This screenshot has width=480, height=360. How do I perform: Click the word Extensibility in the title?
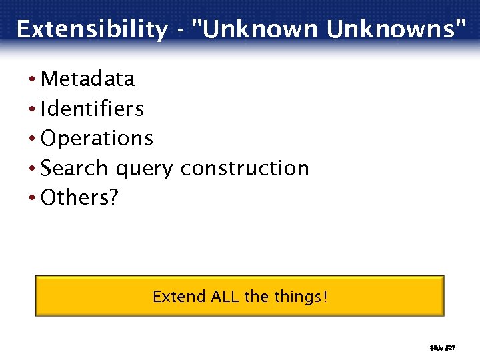[92, 29]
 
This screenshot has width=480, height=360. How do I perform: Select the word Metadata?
[87, 79]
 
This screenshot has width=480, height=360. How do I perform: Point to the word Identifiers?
[92, 109]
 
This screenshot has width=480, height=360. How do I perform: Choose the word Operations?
[97, 139]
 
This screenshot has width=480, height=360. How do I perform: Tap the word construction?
[245, 168]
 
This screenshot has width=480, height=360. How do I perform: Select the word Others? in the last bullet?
[79, 197]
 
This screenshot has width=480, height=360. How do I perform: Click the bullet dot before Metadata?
[33, 80]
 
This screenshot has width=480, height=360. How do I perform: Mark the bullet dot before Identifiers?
[33, 109]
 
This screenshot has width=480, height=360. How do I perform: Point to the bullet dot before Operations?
[33, 139]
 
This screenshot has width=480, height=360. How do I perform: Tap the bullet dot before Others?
[33, 198]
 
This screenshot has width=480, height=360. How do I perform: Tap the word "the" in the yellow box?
[256, 296]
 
